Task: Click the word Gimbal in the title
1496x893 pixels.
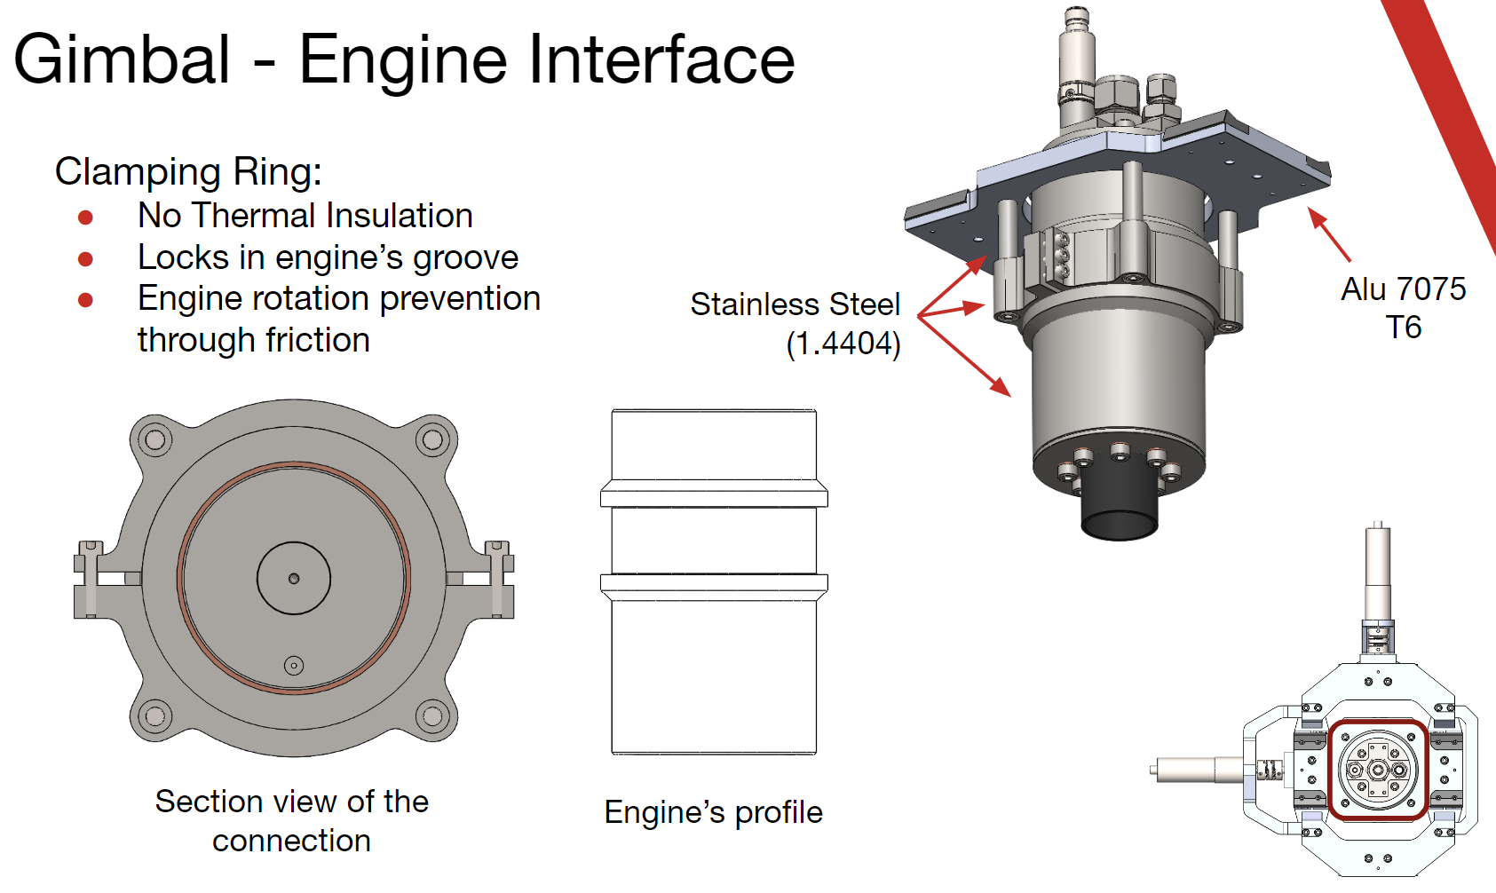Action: tap(122, 59)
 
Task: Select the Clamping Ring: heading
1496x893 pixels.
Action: tap(188, 171)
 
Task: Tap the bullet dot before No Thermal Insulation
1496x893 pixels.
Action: tap(86, 217)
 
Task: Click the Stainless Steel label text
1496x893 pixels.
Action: tap(795, 304)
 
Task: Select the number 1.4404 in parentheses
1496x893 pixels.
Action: tap(843, 344)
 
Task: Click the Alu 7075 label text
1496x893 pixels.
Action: tap(1403, 289)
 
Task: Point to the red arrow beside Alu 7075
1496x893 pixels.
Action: tap(1328, 233)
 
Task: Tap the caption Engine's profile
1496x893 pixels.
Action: tap(713, 812)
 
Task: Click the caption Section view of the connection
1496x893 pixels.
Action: tap(291, 820)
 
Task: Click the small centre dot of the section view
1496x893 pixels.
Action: tap(294, 579)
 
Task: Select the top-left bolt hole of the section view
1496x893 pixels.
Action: tap(154, 439)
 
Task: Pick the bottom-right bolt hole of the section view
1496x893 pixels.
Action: tap(432, 715)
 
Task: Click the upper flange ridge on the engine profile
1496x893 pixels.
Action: tap(714, 494)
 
